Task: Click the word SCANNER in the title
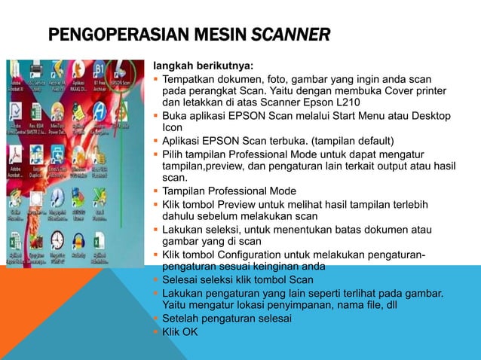[x=291, y=35]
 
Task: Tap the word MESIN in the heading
[x=215, y=35]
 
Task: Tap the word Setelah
[x=183, y=319]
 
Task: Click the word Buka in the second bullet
[x=175, y=115]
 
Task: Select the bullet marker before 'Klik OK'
[x=155, y=331]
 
